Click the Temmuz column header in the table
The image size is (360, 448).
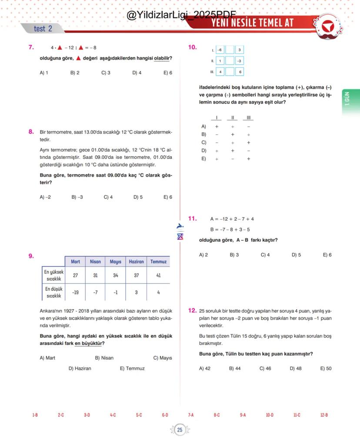(x=158, y=261)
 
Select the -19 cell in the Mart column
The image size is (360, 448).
(x=75, y=292)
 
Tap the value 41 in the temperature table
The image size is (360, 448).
(x=158, y=275)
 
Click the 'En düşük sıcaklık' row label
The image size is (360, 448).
(x=53, y=292)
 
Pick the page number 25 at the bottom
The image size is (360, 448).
(x=180, y=430)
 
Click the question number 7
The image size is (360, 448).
(x=31, y=47)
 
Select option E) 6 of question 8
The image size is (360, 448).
(x=168, y=197)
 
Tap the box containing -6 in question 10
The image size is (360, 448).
(x=220, y=50)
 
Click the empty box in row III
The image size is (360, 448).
(x=230, y=72)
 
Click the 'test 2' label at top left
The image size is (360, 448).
(x=43, y=29)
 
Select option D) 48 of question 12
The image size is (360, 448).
(x=296, y=368)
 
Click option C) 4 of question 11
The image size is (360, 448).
(x=265, y=255)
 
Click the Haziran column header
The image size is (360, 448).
(x=136, y=261)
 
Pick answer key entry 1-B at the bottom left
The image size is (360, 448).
(x=35, y=415)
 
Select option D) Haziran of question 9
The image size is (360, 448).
(x=80, y=368)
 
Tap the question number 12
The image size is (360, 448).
(x=192, y=311)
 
